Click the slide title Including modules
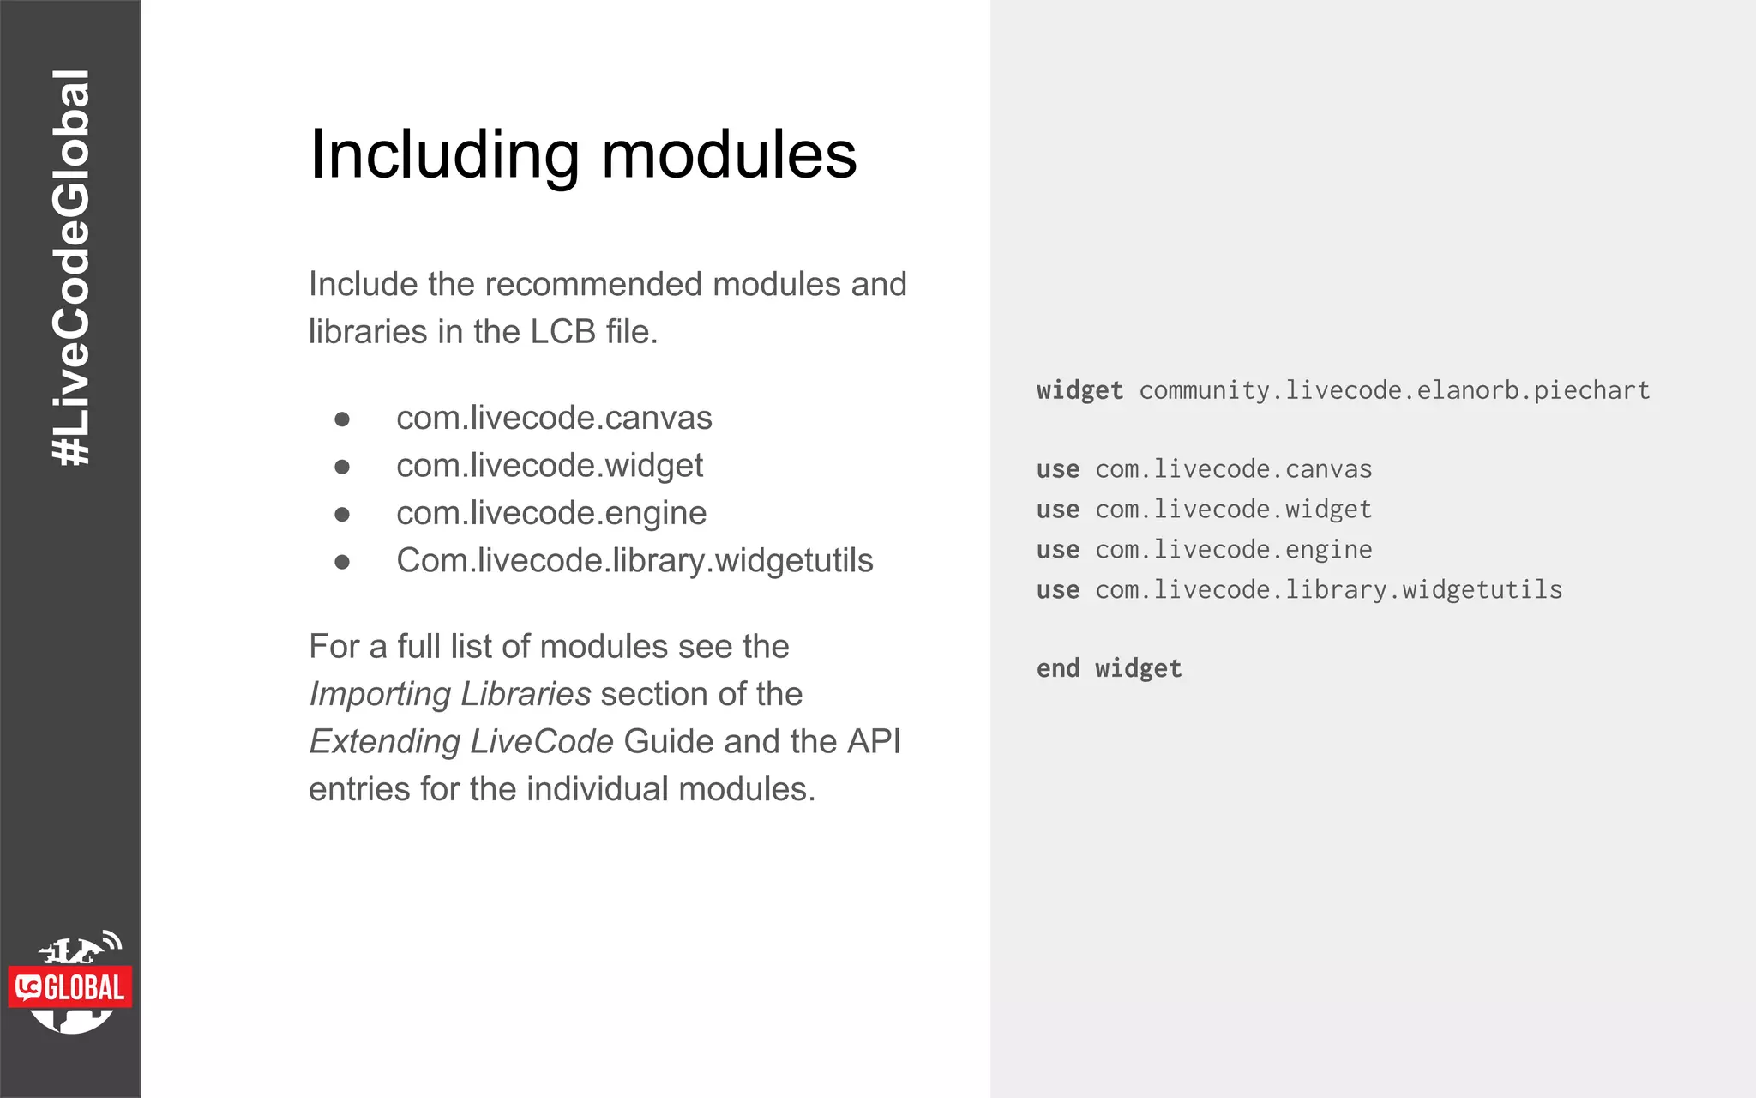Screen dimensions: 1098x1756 583,155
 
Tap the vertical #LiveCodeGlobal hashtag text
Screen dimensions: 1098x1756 71,268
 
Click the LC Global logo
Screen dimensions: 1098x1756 71,984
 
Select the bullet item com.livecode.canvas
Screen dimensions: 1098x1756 554,418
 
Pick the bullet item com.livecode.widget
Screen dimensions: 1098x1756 549,466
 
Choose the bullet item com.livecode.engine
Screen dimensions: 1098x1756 551,513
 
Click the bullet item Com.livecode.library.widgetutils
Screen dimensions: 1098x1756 634,561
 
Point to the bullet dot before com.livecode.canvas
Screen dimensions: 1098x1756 342,419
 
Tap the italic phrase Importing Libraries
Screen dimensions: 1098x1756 450,694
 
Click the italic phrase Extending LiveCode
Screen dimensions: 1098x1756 461,742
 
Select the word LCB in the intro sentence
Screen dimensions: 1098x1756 562,332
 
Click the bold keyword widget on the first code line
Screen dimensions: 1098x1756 1079,391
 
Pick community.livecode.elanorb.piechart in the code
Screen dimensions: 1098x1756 1394,391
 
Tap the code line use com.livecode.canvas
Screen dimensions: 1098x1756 1204,469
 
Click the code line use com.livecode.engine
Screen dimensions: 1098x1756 1204,550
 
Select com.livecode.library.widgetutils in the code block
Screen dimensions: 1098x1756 1328,590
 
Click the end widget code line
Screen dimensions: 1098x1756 1109,668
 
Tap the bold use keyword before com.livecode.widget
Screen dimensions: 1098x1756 1057,510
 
